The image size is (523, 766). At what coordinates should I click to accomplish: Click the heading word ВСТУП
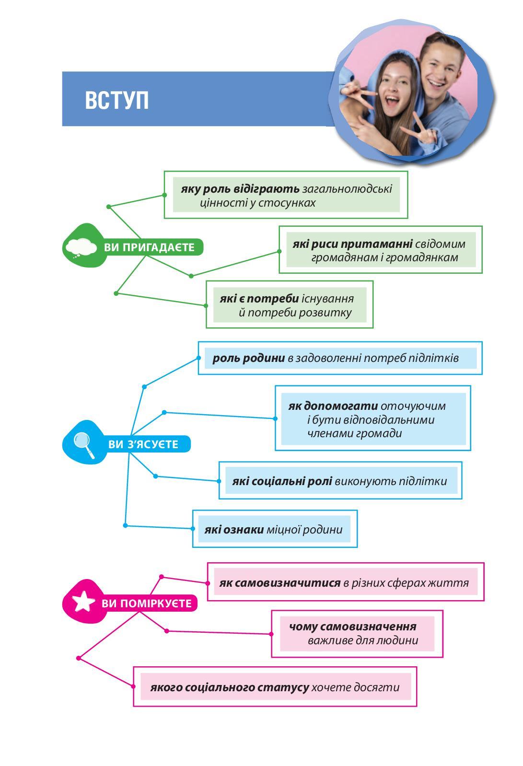(116, 100)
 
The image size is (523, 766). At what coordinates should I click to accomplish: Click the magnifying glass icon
(84, 445)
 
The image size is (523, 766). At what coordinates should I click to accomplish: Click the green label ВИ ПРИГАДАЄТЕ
(149, 247)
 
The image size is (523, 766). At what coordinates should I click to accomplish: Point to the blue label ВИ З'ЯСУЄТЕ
(143, 444)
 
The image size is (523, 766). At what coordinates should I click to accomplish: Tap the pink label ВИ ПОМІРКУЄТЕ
(146, 603)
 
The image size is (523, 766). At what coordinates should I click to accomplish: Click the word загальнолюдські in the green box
(347, 189)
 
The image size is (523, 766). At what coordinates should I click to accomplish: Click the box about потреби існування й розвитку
(290, 305)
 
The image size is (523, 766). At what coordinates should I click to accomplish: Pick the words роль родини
(249, 358)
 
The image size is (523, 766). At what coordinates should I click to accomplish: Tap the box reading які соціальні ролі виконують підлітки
(340, 480)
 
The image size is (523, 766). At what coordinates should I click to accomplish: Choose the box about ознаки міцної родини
(275, 529)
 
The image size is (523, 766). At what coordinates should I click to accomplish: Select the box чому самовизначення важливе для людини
(357, 634)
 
